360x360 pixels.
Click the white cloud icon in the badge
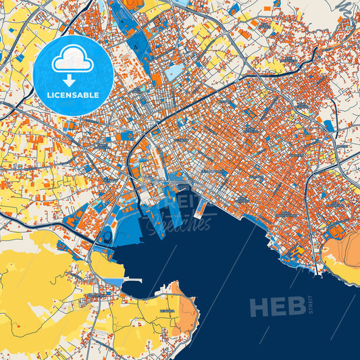pyautogui.click(x=72, y=60)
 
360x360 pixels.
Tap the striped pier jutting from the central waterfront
pyautogui.click(x=201, y=209)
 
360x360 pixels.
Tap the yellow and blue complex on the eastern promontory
pyautogui.click(x=295, y=253)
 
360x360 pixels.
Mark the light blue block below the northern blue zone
pyautogui.click(x=174, y=71)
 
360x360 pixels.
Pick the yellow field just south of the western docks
pyautogui.click(x=105, y=265)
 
